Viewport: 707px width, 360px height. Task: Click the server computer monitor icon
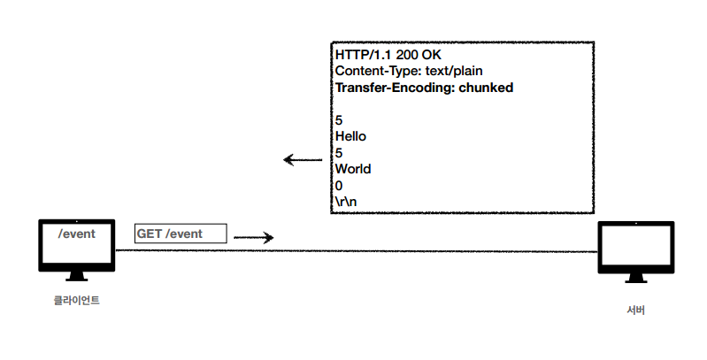(635, 249)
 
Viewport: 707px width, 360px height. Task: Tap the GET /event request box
(181, 234)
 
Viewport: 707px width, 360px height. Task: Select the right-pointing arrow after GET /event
(254, 237)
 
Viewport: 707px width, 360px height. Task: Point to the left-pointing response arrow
(303, 160)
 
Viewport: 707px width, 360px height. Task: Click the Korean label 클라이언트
(76, 301)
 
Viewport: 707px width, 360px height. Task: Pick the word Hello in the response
(351, 136)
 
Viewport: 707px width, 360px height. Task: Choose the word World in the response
(353, 168)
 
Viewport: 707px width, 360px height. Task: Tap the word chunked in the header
(486, 88)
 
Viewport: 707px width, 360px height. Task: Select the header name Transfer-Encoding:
(395, 88)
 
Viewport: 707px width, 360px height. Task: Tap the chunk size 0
(339, 185)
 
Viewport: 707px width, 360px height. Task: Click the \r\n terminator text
(347, 201)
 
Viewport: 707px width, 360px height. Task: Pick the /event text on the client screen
(77, 234)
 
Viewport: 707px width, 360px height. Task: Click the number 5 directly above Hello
(339, 120)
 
